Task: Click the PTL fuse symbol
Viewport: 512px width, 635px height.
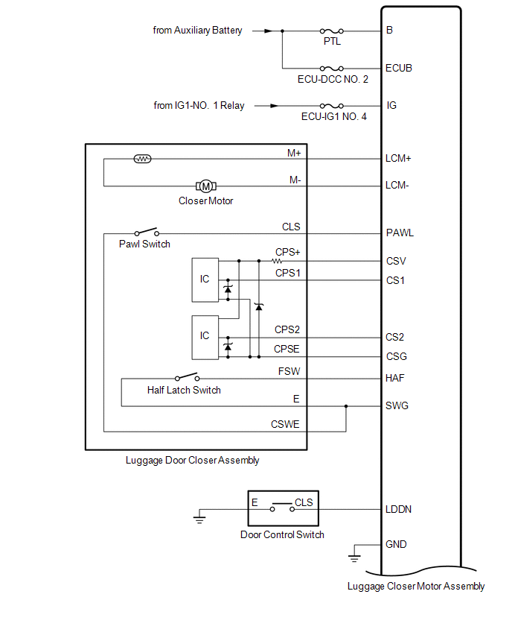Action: coord(331,31)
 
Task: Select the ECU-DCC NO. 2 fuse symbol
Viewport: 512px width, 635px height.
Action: coord(331,68)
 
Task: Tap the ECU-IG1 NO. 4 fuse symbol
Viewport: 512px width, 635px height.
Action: coord(331,106)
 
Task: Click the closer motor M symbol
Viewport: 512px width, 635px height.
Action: coord(205,186)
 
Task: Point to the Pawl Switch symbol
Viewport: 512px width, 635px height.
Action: coord(146,233)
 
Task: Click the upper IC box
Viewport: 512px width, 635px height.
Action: coord(205,279)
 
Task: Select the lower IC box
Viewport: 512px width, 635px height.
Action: coord(205,336)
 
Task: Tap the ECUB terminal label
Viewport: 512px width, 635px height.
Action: coord(399,68)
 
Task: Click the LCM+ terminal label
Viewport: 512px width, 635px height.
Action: coord(399,159)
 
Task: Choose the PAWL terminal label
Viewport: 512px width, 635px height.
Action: coord(400,233)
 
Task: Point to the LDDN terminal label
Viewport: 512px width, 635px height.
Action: coord(399,510)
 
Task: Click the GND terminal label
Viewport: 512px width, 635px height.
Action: coord(396,544)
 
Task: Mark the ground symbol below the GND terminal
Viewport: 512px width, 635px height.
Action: coord(355,557)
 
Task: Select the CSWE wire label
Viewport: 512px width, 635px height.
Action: coord(286,425)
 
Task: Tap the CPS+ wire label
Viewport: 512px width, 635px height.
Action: coord(287,252)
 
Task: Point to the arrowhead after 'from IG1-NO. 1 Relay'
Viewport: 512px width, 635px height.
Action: coord(260,106)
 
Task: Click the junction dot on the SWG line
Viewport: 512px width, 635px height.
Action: coord(346,406)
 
